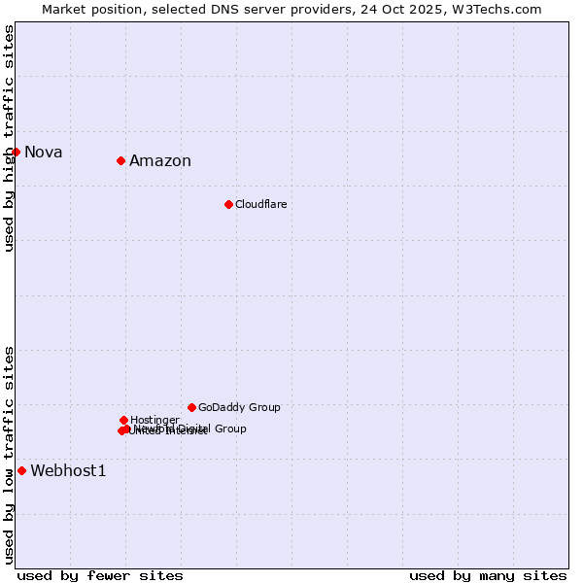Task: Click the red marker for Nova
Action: (x=16, y=152)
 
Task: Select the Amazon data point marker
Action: (x=120, y=160)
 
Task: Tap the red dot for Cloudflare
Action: (x=228, y=204)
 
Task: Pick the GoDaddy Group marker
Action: (x=191, y=407)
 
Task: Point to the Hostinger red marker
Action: (x=123, y=420)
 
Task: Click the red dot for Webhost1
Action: (x=21, y=470)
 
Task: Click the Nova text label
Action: (x=43, y=152)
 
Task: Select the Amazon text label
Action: (x=160, y=161)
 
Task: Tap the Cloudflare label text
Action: (x=260, y=204)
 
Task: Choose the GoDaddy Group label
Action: (x=239, y=407)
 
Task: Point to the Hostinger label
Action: (x=154, y=420)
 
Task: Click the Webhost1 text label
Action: (x=68, y=471)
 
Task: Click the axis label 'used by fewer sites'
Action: (x=100, y=575)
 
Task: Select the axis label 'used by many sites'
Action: (x=488, y=575)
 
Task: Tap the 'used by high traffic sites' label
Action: (x=9, y=138)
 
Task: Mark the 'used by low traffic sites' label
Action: (x=9, y=454)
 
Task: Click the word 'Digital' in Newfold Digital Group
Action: (x=194, y=429)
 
